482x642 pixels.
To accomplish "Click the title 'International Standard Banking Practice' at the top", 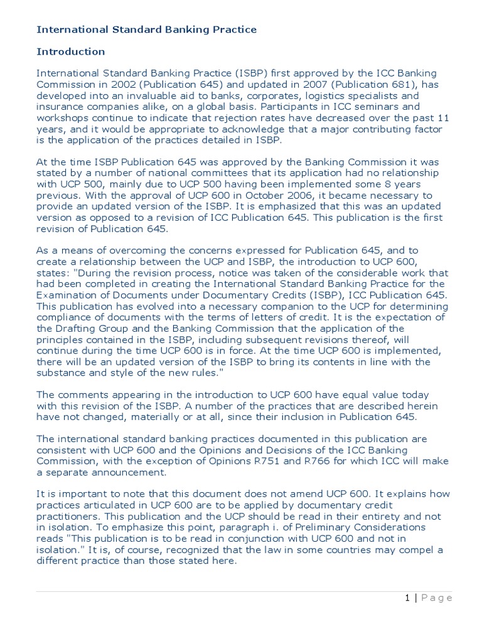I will [x=146, y=29].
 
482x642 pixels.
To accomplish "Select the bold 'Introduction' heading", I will [x=70, y=51].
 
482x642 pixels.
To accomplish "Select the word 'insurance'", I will [x=60, y=107].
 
